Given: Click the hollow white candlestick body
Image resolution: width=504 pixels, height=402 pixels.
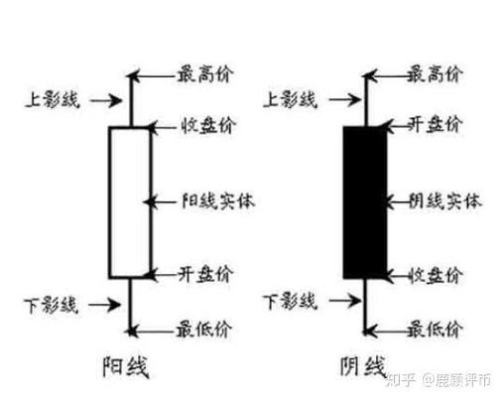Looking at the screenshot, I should [130, 201].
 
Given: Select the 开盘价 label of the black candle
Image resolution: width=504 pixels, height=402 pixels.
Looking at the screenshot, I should [437, 126].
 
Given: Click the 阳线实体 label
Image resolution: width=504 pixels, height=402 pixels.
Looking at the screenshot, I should [219, 201].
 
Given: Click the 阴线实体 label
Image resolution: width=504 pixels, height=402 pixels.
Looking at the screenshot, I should [446, 201].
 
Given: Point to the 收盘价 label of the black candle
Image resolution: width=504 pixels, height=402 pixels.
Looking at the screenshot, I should [437, 273].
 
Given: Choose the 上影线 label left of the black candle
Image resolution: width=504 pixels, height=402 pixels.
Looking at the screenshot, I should [289, 98].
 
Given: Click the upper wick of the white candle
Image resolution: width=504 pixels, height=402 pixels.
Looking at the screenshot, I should [130, 99].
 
